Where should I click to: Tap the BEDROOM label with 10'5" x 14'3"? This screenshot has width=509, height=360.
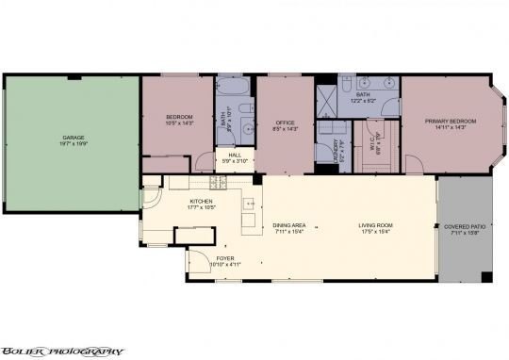pyautogui.click(x=179, y=117)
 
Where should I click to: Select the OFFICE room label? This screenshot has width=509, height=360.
pyautogui.click(x=286, y=123)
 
